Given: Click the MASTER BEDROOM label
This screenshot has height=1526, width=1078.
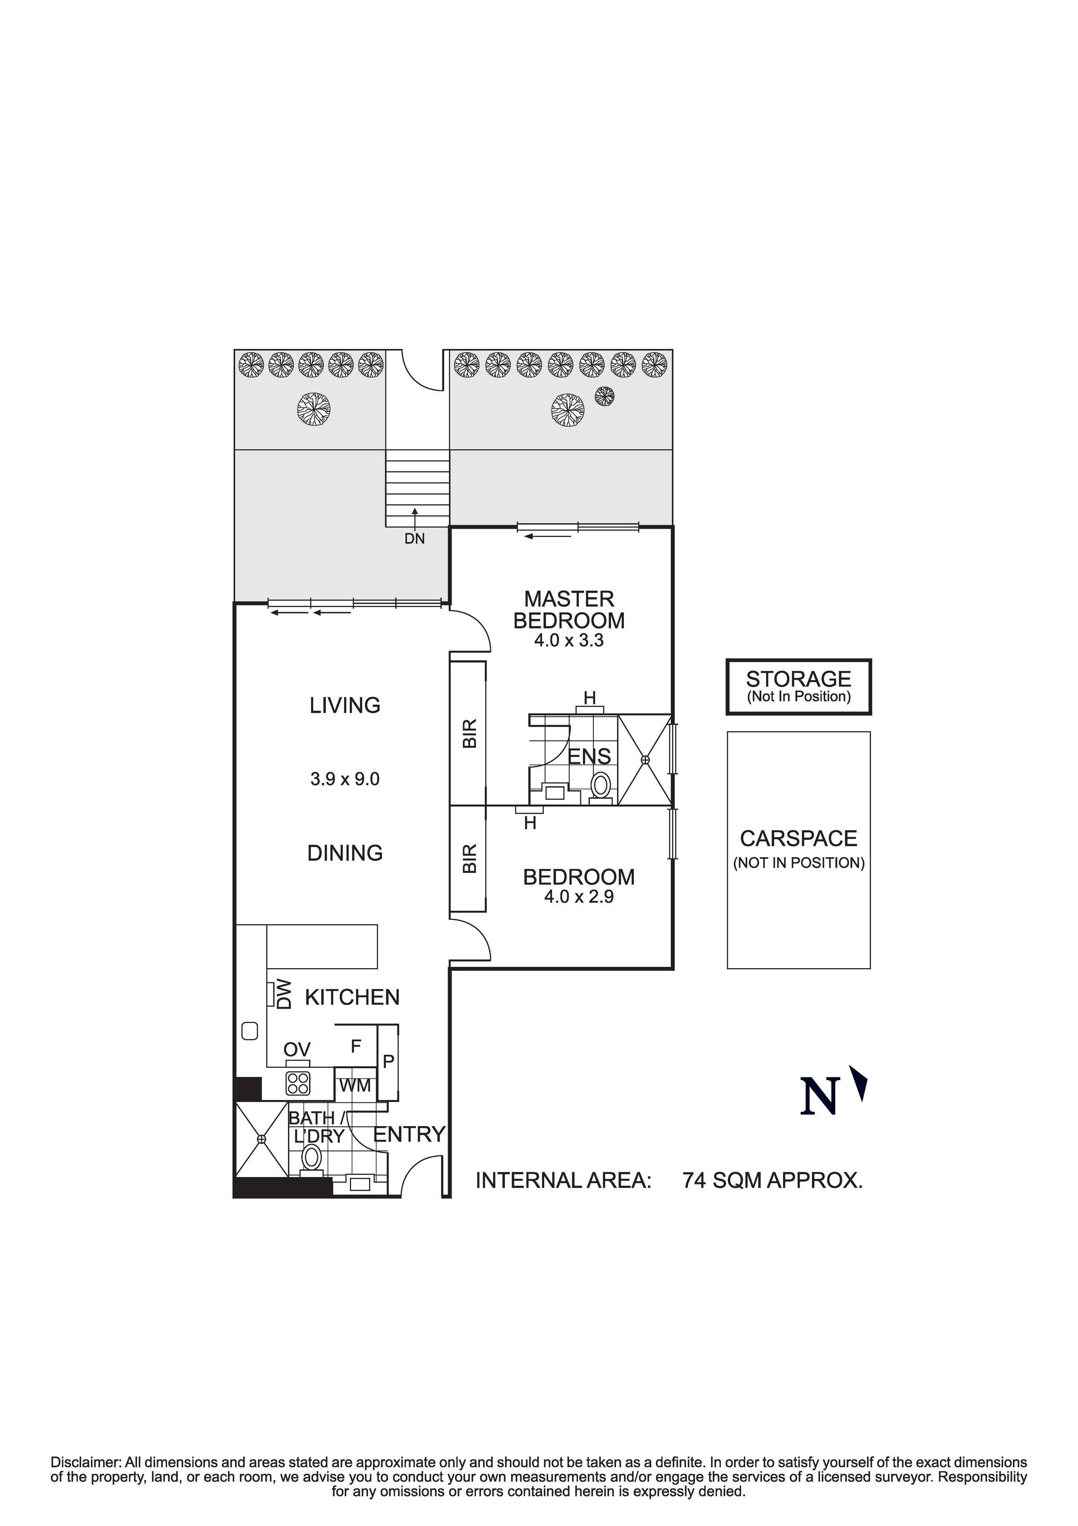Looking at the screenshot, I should (x=569, y=610).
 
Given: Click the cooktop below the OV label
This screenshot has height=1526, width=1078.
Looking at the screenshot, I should (x=297, y=1083).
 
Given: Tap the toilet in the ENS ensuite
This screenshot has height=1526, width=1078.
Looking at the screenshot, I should (x=601, y=785).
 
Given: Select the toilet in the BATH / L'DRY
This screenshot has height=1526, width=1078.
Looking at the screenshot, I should (x=311, y=1157).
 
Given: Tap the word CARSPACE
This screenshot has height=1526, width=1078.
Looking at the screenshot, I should (x=798, y=839).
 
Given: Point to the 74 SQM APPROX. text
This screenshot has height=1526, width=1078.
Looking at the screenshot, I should (x=772, y=1181).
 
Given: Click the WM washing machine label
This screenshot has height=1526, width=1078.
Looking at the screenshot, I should (x=355, y=1085).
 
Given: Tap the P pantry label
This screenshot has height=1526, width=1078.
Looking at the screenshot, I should (x=389, y=1061).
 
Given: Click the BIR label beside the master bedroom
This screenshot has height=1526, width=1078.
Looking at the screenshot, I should (x=469, y=733).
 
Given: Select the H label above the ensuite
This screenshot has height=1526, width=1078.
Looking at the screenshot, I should (x=589, y=698).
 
